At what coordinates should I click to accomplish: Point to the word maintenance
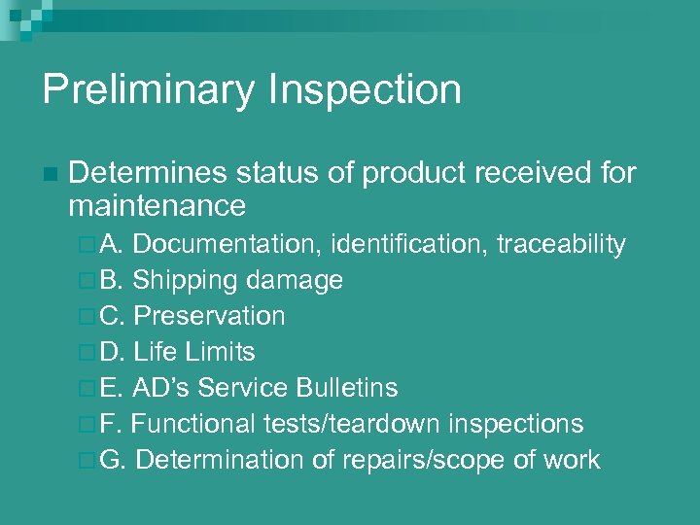click(157, 206)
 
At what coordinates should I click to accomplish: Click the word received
click(524, 173)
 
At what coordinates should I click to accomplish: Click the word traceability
click(561, 245)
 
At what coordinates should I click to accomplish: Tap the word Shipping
click(186, 281)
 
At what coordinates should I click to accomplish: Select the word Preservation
click(209, 317)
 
